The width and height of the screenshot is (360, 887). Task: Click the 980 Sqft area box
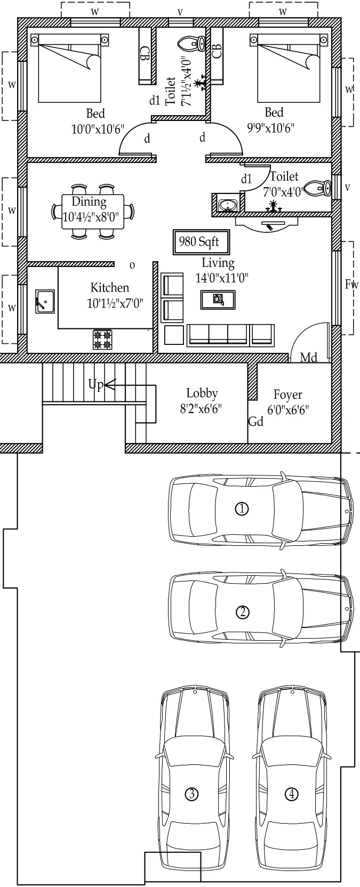pos(201,241)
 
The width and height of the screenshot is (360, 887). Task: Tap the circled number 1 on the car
pos(242,508)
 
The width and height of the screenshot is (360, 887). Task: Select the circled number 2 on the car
pos(242,612)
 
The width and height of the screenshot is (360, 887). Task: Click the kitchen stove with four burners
pos(102,339)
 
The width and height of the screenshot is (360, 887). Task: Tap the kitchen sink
pos(45,301)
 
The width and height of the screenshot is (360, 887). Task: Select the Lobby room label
pos(202,393)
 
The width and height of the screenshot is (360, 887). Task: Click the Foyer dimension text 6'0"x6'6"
pos(288,409)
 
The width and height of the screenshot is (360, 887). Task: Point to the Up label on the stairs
pos(95,384)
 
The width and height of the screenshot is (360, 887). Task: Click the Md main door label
pos(308,358)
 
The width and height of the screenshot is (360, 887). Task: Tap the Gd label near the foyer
pos(256,421)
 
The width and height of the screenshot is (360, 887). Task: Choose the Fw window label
pos(351,284)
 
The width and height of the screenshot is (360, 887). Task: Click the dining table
pos(93,212)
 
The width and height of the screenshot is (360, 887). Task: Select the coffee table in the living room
pos(218,300)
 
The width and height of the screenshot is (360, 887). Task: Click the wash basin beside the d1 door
pos(227,204)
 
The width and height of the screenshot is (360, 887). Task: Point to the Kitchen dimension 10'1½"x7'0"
pos(115,304)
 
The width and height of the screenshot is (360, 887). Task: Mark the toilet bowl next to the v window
pos(319,188)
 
